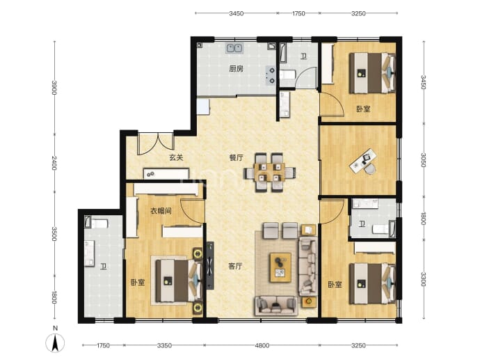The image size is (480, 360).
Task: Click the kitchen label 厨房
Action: tap(236, 69)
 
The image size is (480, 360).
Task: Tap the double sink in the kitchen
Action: tap(235, 49)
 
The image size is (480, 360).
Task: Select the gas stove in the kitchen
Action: tap(271, 75)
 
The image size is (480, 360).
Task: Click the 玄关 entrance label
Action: tap(176, 158)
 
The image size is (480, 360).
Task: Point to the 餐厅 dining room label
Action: tap(237, 158)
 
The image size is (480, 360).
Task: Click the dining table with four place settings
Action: tap(270, 172)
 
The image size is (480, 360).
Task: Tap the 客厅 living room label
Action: tap(235, 266)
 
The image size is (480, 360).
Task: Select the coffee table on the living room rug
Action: tap(280, 267)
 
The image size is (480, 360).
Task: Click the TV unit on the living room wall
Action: tap(210, 265)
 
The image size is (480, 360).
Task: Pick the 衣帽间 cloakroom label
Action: tap(161, 211)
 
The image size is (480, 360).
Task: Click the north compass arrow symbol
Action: tap(55, 343)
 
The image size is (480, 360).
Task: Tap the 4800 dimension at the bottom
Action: tap(262, 345)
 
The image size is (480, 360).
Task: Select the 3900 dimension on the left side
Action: tap(54, 88)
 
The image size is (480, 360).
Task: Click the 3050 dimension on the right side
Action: tap(423, 160)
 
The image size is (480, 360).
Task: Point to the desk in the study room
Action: tap(363, 161)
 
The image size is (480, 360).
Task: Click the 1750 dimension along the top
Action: tap(298, 13)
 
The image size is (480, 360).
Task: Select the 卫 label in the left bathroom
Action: tap(104, 267)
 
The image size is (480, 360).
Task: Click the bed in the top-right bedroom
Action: tap(372, 73)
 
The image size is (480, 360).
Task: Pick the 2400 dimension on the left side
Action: tap(54, 163)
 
